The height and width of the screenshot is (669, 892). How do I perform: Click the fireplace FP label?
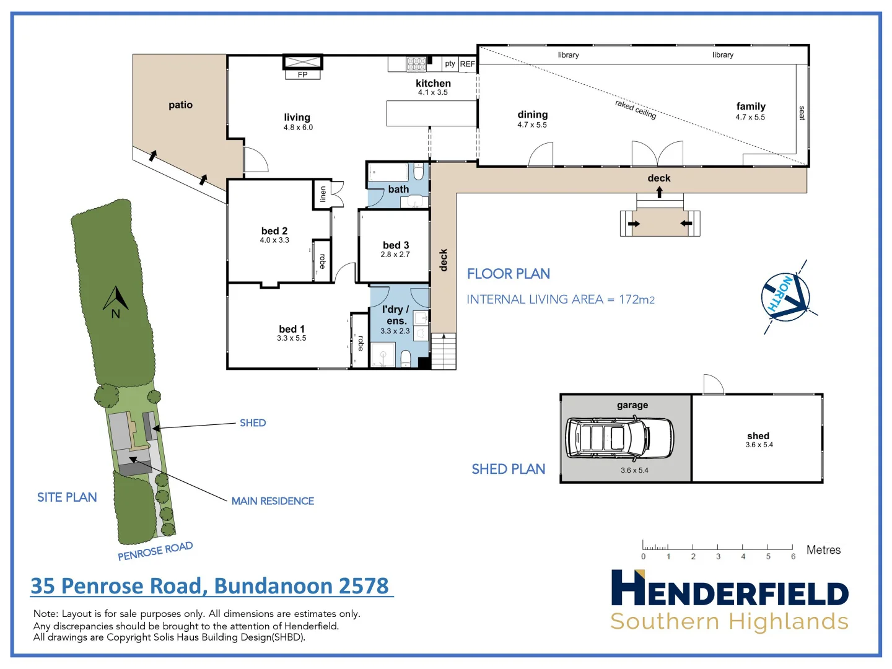[302, 75]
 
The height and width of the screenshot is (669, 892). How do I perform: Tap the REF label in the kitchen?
[467, 64]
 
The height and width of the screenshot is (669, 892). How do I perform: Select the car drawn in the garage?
[619, 437]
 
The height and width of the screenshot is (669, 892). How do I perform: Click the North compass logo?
[785, 297]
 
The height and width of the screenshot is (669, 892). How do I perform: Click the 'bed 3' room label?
[396, 245]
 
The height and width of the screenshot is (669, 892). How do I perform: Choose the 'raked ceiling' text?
[636, 109]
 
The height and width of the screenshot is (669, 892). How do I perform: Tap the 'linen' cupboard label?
[323, 195]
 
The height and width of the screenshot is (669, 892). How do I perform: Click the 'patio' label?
[180, 105]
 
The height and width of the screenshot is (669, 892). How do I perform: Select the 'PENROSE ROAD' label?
[155, 551]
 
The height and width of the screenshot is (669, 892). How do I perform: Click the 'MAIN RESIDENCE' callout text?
[273, 501]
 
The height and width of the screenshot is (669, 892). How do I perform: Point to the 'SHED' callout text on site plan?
[253, 422]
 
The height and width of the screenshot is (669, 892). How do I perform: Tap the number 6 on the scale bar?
[793, 556]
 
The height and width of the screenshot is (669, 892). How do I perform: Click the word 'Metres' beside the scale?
[823, 550]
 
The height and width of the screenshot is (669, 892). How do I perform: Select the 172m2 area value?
[636, 300]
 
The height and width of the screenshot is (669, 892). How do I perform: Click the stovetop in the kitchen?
[416, 64]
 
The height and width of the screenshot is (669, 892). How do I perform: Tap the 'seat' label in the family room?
[802, 113]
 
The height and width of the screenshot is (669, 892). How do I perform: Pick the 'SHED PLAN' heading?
[508, 469]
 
